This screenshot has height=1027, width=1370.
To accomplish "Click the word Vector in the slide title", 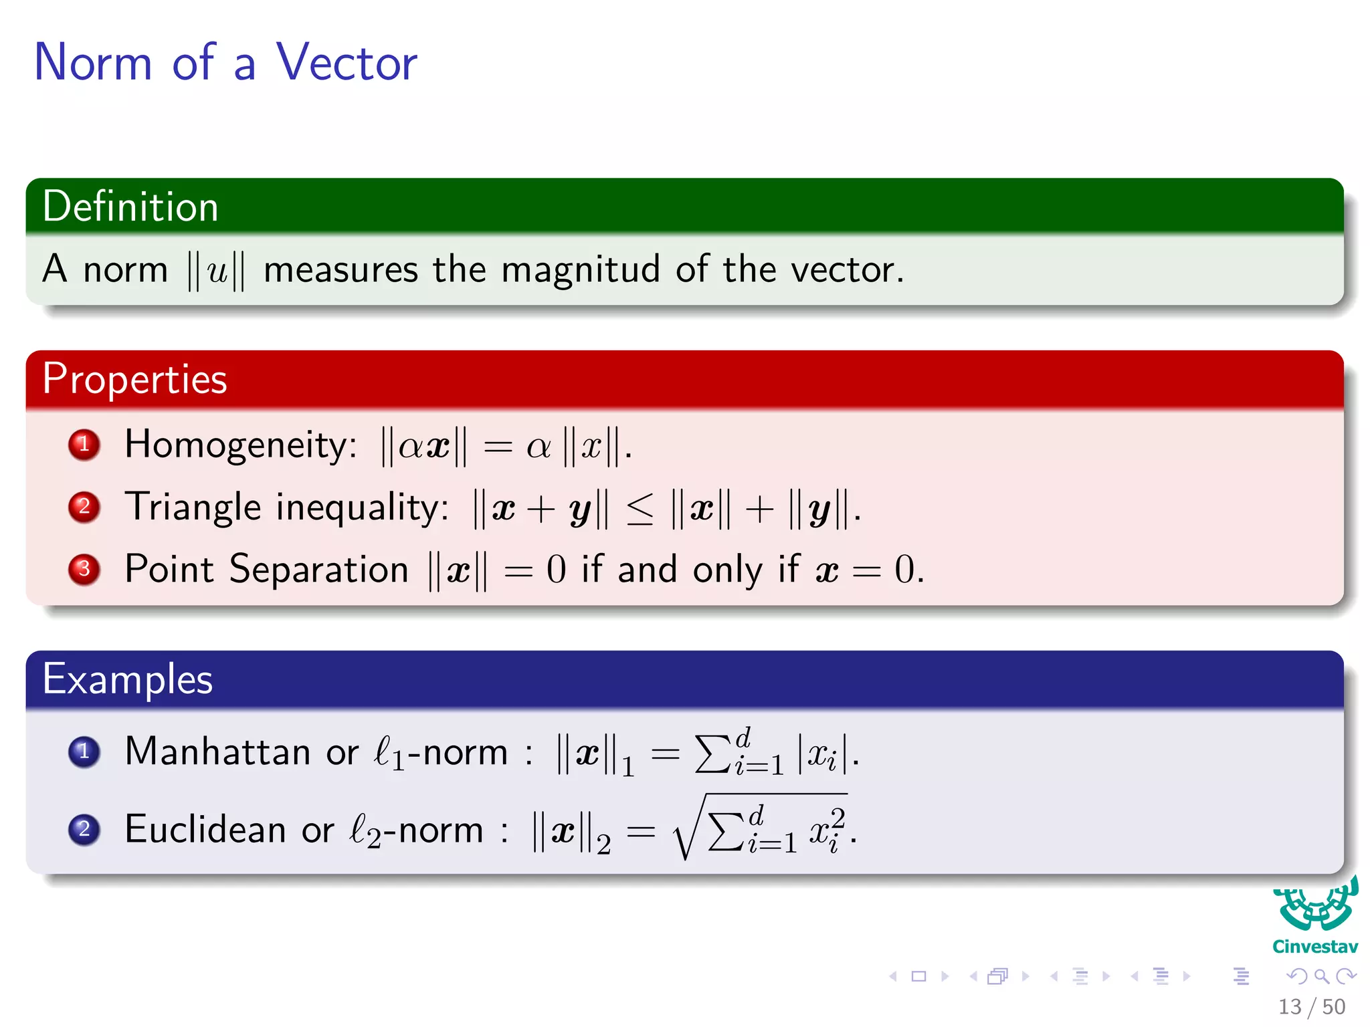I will point(347,62).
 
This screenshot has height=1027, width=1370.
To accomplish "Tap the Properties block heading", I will point(134,379).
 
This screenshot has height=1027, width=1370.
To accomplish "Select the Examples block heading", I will point(127,679).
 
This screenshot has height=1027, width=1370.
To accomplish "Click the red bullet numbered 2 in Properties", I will point(84,507).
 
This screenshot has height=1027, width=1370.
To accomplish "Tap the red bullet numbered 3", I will point(84,569).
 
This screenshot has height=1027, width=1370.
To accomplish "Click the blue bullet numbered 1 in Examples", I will point(84,752).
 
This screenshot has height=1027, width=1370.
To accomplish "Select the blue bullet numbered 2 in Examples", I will point(84,830).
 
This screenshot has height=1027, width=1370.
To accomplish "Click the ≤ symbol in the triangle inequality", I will point(640,510).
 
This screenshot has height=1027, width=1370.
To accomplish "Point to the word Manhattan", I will point(217,752).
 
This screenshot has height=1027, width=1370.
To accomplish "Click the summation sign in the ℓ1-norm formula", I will point(712,754).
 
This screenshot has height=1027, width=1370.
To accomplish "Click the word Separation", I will point(318,570).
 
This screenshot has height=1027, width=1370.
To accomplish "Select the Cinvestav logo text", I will point(1314,947).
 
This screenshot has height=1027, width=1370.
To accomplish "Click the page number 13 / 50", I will point(1311,1007).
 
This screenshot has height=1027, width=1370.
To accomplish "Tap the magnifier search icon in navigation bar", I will point(1321,977).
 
